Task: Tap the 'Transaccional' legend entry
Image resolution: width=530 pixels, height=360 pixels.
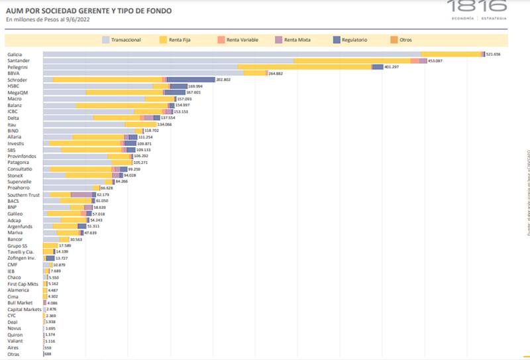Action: pos(126,40)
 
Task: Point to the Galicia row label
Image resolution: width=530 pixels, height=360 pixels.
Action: pos(15,54)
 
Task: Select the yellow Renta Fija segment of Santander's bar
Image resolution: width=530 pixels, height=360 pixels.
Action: pos(351,60)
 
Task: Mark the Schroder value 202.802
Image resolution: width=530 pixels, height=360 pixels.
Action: pos(224,80)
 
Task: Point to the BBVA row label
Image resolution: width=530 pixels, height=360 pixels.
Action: pos(13,73)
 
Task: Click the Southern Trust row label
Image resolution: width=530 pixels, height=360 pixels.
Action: pos(24,195)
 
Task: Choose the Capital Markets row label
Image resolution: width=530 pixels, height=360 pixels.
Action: pos(24,309)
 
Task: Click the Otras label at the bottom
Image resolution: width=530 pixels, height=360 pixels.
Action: pos(13,354)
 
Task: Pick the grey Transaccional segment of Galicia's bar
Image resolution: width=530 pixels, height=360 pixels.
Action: pos(232,54)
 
